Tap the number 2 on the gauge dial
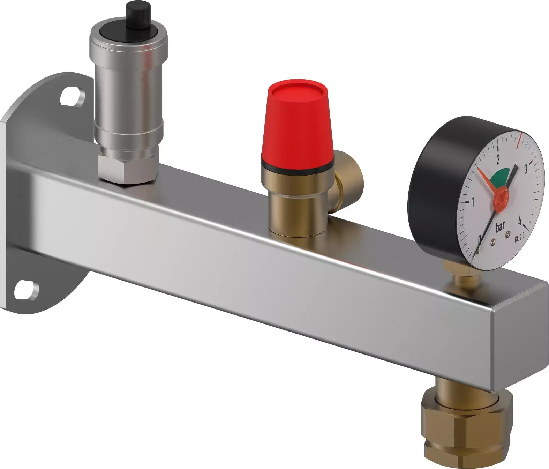(498, 159)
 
